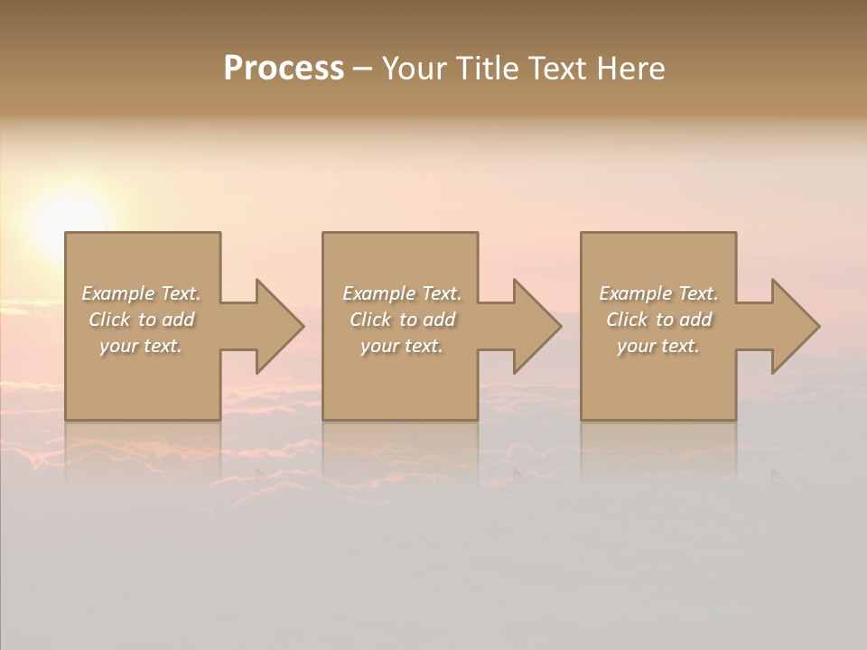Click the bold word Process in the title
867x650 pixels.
pyautogui.click(x=284, y=69)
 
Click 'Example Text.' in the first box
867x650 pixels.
pyautogui.click(x=141, y=293)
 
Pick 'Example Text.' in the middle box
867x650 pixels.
pyautogui.click(x=402, y=293)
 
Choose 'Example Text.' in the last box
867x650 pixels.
pyautogui.click(x=658, y=293)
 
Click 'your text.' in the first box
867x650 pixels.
pyautogui.click(x=141, y=346)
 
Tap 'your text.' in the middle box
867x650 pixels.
pyautogui.click(x=402, y=346)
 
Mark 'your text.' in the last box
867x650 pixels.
pyautogui.click(x=658, y=346)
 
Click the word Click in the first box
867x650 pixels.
pyautogui.click(x=109, y=320)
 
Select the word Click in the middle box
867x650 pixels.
pyautogui.click(x=370, y=320)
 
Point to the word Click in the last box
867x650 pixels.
pyautogui.click(x=627, y=320)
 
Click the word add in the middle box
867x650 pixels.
pyautogui.click(x=439, y=320)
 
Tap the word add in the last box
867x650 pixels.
pyautogui.click(x=695, y=320)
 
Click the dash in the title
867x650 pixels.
pyautogui.click(x=362, y=70)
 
